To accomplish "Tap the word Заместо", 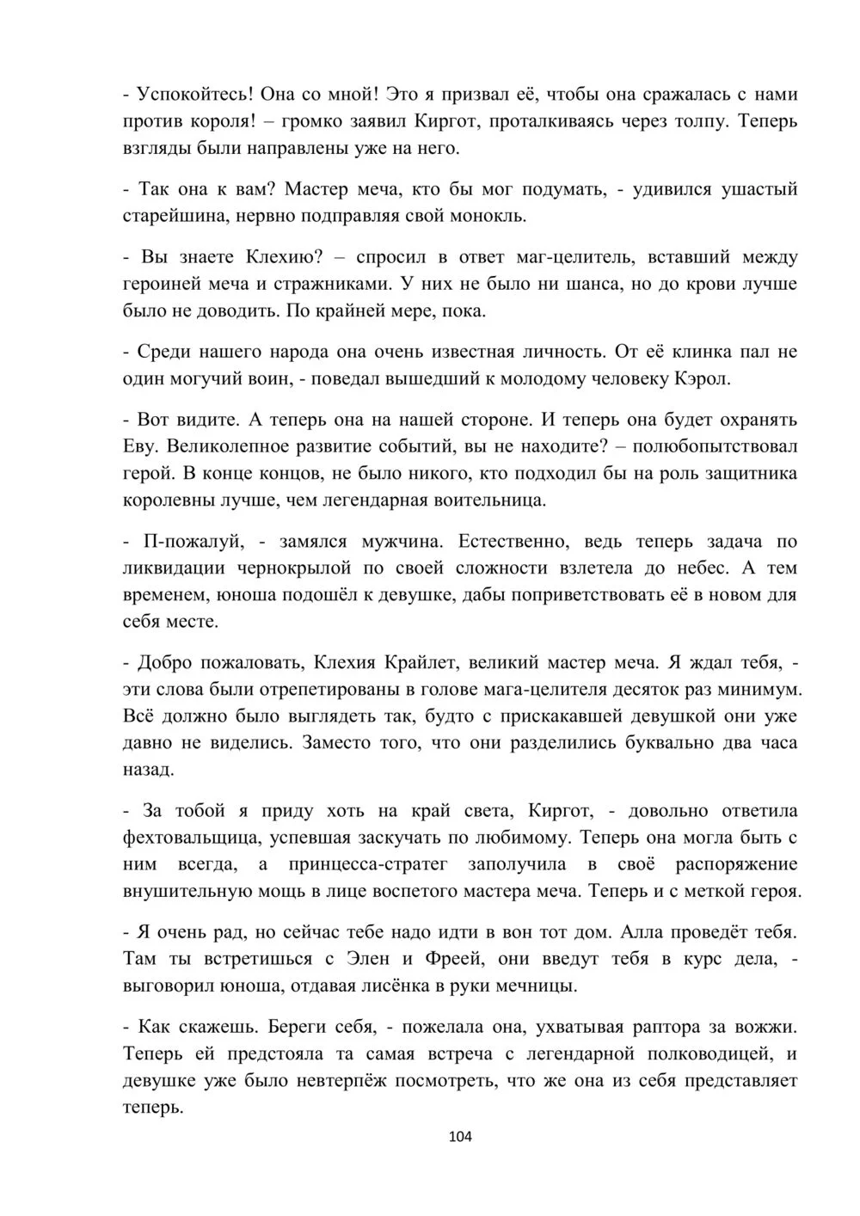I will coord(336,742).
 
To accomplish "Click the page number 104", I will coord(461,1137).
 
